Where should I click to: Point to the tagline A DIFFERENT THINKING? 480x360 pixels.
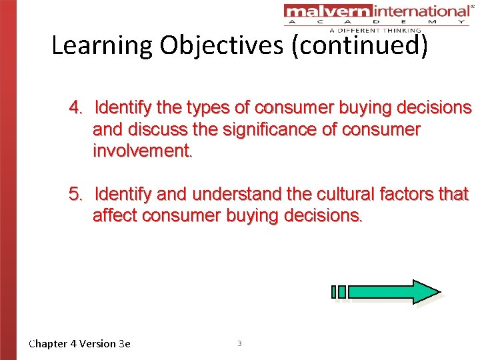(x=375, y=30)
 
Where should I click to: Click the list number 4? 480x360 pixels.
(x=76, y=107)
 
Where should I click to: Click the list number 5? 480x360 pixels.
(x=76, y=195)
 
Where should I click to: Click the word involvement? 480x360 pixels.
(x=142, y=151)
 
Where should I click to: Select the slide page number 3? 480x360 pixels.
(x=239, y=343)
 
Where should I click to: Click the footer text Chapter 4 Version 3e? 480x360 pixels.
(x=80, y=343)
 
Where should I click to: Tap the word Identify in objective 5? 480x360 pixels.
(x=123, y=195)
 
